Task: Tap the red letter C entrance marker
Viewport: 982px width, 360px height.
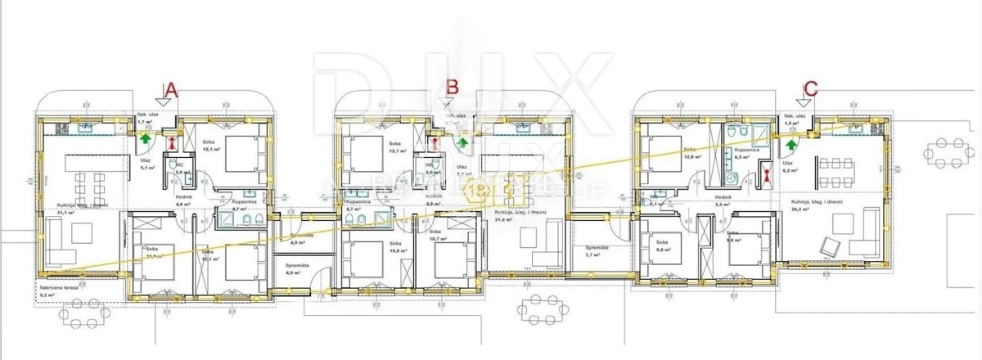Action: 810,88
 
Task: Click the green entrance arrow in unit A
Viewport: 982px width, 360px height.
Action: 145,139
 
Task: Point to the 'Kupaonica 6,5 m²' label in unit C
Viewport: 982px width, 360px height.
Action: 748,154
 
